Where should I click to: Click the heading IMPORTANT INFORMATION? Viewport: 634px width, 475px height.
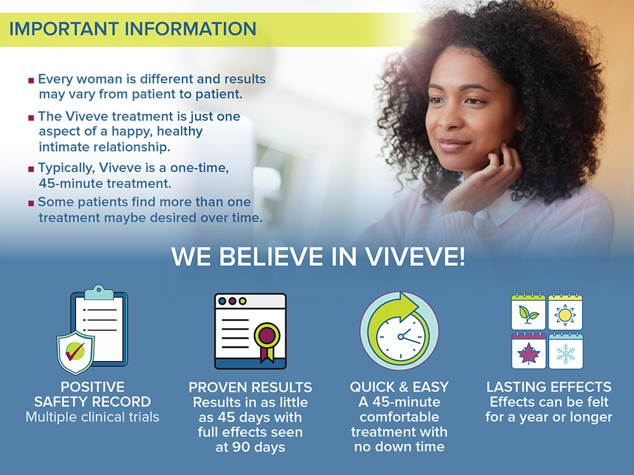click(133, 29)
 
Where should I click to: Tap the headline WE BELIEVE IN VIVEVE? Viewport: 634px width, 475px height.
click(318, 256)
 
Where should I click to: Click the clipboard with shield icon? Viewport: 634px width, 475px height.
click(92, 329)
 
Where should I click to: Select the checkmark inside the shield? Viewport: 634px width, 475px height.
click(75, 351)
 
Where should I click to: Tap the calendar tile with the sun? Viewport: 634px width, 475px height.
click(566, 312)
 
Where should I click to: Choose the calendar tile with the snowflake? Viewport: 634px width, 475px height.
click(566, 351)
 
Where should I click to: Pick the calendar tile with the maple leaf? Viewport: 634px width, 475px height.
click(529, 351)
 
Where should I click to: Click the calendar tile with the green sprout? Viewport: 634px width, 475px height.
click(529, 312)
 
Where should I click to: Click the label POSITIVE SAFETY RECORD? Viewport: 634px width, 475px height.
click(92, 394)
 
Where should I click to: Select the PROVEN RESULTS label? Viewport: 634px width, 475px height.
click(250, 388)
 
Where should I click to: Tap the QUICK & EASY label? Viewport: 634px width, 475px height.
click(399, 387)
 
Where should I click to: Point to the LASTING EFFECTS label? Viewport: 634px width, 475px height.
click(548, 387)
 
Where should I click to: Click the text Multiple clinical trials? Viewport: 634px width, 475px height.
click(92, 417)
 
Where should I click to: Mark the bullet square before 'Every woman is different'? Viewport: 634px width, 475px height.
click(31, 80)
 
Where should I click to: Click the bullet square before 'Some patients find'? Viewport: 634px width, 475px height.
click(31, 203)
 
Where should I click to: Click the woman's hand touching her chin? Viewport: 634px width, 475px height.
click(481, 182)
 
